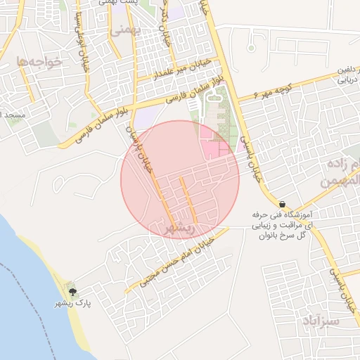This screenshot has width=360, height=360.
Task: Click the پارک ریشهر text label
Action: (x=72, y=303)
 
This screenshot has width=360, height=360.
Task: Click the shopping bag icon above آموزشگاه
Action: (x=282, y=203)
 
